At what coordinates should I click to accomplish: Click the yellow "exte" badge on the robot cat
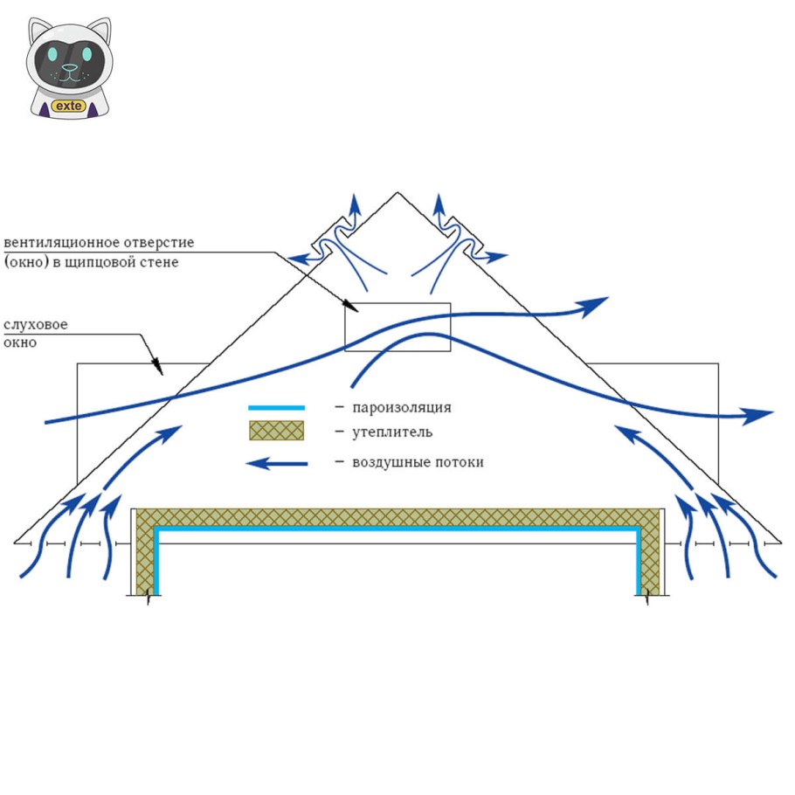coord(67,106)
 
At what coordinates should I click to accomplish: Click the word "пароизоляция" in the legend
coord(402,407)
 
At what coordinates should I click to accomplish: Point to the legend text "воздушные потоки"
coord(418,462)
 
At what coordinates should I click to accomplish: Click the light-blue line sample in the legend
coord(276,407)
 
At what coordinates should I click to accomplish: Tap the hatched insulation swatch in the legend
coord(276,431)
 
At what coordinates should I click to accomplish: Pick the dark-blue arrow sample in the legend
coord(276,463)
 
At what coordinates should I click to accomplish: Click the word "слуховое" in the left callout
coord(36,325)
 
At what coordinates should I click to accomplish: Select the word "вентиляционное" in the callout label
coord(67,242)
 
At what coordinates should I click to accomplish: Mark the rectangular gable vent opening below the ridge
coord(397,327)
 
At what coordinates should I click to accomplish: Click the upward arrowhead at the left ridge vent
coord(354,203)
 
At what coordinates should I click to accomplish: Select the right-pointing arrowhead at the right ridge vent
coord(498,257)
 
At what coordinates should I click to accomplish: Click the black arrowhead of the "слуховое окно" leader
coord(159,370)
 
